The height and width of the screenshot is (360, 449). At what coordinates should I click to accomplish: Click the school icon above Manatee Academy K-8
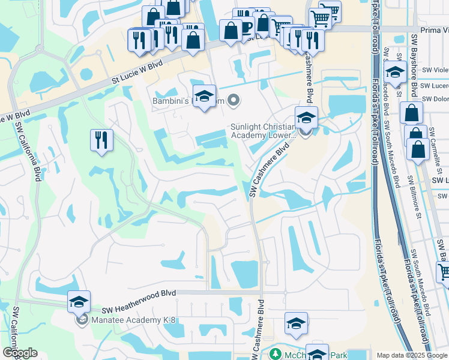click(79, 302)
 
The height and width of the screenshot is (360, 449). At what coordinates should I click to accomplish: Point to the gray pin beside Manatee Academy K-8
click(82, 320)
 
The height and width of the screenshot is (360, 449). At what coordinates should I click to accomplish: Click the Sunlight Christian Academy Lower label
click(264, 131)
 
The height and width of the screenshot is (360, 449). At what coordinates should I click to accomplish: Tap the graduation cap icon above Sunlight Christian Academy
click(306, 117)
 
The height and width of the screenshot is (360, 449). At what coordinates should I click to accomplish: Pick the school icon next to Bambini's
click(204, 96)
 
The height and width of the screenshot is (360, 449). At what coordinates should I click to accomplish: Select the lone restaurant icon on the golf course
click(101, 140)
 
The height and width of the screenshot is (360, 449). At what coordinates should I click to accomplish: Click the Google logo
click(19, 353)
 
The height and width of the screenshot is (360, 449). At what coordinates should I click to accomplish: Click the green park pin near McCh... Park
click(276, 354)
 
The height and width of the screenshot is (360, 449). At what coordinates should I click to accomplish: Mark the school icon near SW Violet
click(396, 72)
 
